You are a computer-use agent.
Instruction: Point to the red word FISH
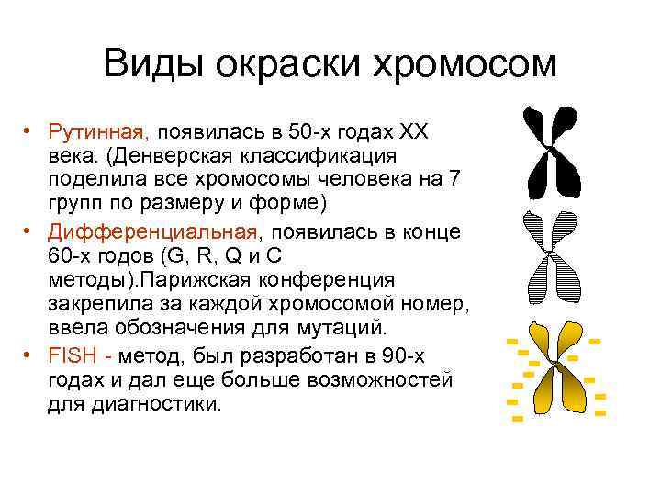67,355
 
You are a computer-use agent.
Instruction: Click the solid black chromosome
555,152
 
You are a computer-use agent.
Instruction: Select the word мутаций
375,328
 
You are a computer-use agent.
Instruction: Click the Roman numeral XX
423,131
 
